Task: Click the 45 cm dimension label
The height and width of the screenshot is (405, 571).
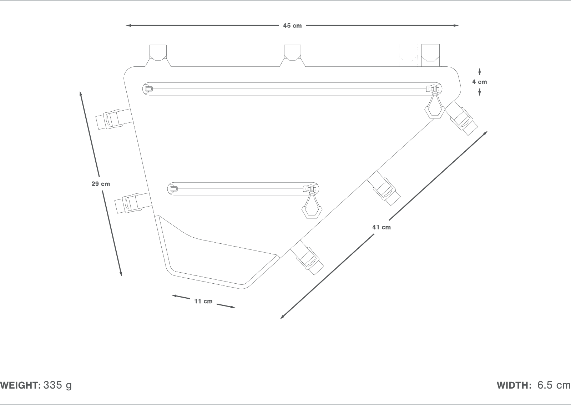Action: point(292,26)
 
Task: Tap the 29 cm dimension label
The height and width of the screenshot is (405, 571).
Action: point(101,184)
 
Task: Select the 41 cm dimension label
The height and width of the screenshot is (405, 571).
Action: point(381,227)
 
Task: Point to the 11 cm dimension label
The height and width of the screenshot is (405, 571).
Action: point(203,302)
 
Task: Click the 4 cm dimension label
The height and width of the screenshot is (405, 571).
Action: point(479,82)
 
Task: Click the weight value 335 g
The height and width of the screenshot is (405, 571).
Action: point(57,385)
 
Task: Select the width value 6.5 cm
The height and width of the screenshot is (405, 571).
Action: point(554,385)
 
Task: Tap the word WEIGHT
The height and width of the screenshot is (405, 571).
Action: point(20,385)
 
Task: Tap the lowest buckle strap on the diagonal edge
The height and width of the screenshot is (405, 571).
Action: point(308,258)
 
